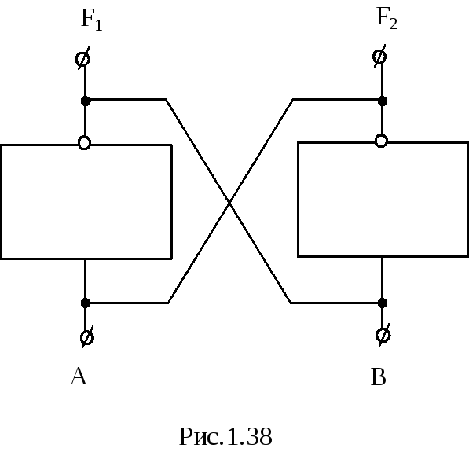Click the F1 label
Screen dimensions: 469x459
[x=92, y=20]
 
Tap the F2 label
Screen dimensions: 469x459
[x=387, y=18]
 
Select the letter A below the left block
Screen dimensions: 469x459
[x=79, y=376]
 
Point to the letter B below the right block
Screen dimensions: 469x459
[x=379, y=376]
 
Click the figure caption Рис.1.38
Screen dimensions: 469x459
[x=225, y=437]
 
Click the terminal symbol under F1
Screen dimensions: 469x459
[x=82, y=59]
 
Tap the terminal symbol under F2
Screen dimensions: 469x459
[x=379, y=57]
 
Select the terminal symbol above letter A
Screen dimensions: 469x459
[x=87, y=337]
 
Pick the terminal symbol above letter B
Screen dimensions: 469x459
[x=383, y=335]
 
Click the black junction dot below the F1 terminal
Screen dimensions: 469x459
[x=86, y=101]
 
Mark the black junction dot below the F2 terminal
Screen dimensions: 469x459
[x=383, y=101]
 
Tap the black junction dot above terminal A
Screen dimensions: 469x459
[x=86, y=303]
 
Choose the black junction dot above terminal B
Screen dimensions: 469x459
[x=383, y=303]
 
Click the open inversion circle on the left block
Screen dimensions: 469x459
[x=84, y=143]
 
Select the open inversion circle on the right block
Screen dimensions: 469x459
[x=381, y=141]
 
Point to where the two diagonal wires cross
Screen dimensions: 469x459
[x=229, y=203]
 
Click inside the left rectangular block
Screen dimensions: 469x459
[x=86, y=202]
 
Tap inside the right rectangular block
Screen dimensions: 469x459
[x=383, y=200]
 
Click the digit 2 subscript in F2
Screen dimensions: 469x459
[x=394, y=24]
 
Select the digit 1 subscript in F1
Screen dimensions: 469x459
[x=99, y=25]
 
